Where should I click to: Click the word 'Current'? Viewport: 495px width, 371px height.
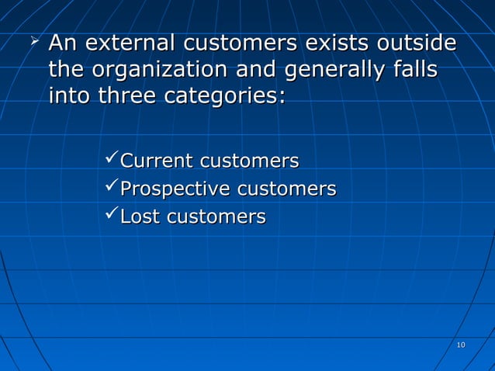(156, 161)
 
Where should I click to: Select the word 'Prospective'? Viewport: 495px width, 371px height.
(175, 189)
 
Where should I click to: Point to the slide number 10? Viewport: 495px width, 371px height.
(460, 345)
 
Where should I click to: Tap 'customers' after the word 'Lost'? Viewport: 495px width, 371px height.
(213, 217)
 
